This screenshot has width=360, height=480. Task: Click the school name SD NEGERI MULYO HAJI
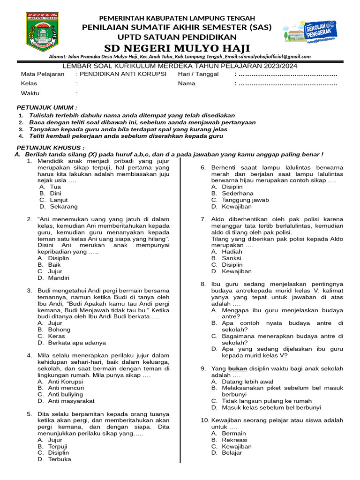(177, 48)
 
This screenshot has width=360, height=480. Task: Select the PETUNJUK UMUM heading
(47, 107)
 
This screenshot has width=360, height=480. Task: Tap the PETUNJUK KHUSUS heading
(51, 148)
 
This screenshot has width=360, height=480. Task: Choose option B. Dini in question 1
(55, 193)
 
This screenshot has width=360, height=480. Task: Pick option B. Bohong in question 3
(57, 330)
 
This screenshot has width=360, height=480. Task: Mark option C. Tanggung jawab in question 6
(245, 200)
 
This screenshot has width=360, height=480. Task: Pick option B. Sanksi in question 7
(232, 258)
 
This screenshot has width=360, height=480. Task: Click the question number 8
(203, 284)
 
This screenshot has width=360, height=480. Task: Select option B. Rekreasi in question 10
(235, 440)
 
